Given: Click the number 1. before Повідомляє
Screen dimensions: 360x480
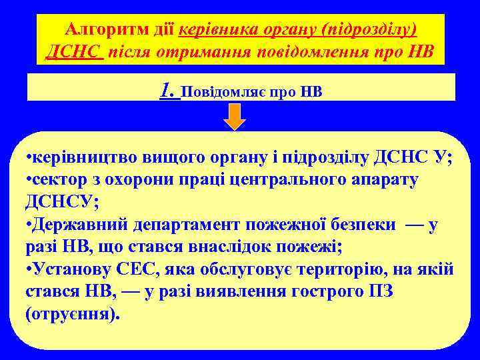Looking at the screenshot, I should (x=169, y=89).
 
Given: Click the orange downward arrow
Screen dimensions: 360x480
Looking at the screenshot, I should (x=234, y=116).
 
